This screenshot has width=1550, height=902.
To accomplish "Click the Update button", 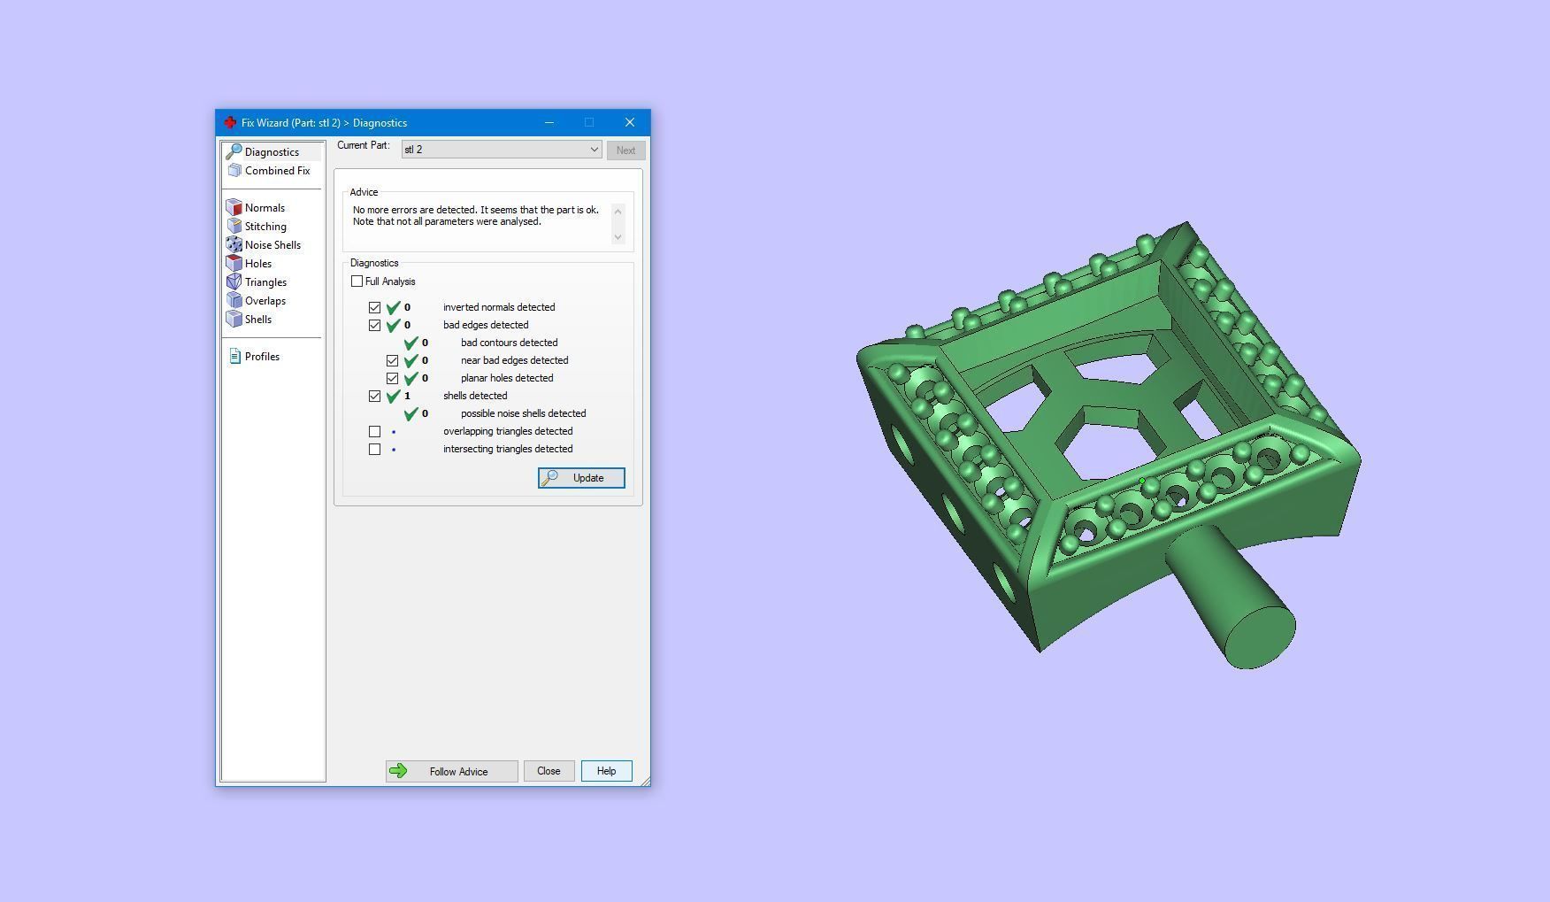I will [581, 478].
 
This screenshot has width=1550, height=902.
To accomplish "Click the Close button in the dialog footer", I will [549, 771].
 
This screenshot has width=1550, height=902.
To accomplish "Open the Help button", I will [606, 771].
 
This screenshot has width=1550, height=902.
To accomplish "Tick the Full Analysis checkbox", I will [357, 281].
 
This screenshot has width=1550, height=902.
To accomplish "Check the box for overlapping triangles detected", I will [375, 432].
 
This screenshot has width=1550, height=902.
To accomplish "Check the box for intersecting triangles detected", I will [375, 450].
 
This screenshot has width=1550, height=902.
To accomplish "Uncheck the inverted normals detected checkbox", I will [375, 308].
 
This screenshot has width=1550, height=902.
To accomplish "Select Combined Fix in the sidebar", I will [277, 171].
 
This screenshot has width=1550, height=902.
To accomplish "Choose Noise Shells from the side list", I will [272, 245].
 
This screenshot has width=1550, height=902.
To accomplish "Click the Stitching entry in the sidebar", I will [265, 227].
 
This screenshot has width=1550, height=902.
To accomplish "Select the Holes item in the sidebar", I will [258, 264].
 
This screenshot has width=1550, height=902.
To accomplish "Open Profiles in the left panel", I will [262, 357].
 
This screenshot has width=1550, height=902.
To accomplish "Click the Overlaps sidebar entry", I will [265, 301].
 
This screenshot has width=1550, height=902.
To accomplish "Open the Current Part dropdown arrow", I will [594, 150].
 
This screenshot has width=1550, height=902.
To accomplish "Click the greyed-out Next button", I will [625, 150].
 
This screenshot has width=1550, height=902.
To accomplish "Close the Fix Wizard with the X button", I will [629, 122].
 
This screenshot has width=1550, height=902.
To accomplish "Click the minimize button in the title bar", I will [549, 122].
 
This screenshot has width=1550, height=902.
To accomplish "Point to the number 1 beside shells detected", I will [407, 396].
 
